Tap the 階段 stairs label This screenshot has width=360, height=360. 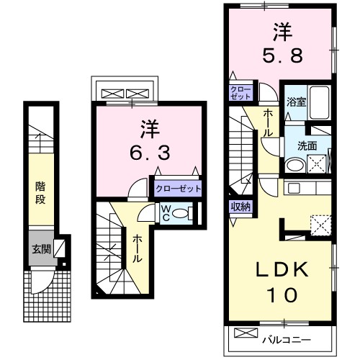(40, 192)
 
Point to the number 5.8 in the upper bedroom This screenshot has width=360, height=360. (282, 45)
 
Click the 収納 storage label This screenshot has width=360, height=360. (240, 207)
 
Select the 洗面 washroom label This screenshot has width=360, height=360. (307, 144)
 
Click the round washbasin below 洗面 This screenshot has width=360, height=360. (294, 166)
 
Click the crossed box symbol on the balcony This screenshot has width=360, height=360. (246, 336)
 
